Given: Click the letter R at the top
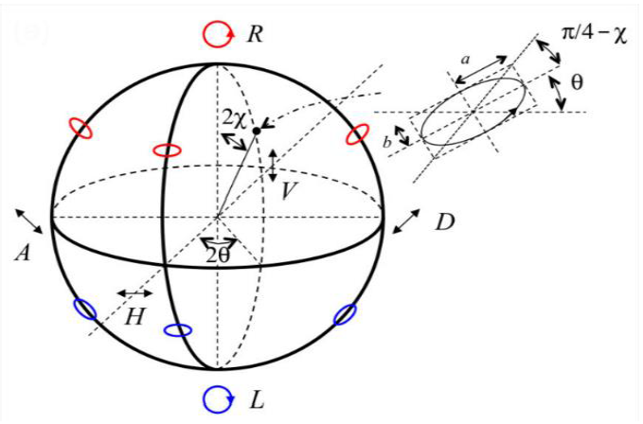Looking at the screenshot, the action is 254,35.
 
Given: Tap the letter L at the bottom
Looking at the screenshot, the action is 256,400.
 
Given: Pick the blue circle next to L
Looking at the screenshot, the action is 218,399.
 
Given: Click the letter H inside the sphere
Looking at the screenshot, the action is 135,317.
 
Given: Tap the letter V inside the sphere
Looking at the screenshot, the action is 290,190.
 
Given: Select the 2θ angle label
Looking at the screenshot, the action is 219,255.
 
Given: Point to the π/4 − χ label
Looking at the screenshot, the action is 595,35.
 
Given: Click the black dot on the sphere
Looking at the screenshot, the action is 256,130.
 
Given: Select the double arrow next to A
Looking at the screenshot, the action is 29,220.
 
